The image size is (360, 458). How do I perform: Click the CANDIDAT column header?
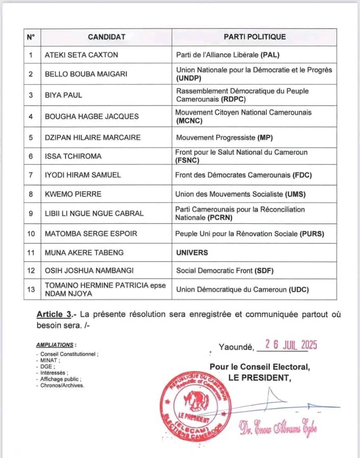tap(106, 37)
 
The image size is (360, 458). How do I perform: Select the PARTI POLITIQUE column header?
tap(255, 37)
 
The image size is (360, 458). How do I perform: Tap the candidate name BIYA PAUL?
tap(63, 95)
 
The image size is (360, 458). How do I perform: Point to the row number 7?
tap(31, 175)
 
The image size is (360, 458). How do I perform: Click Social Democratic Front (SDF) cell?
tap(227, 270)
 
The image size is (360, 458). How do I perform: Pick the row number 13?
tap(31, 289)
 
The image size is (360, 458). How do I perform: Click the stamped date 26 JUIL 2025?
tap(287, 345)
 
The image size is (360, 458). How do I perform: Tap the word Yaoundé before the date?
tap(235, 347)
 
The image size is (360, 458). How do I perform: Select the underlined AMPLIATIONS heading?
tap(55, 345)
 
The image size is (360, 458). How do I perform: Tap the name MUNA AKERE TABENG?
tap(84, 252)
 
